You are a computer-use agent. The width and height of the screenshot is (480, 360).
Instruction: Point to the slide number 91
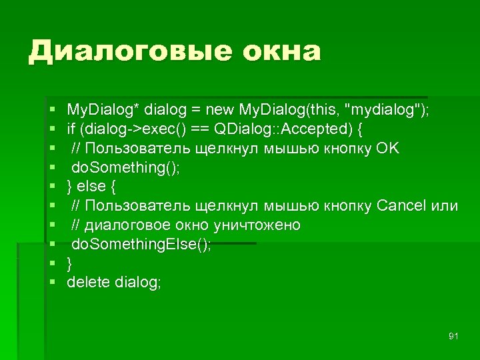click(x=453, y=335)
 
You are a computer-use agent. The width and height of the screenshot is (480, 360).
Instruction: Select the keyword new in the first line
click(x=218, y=109)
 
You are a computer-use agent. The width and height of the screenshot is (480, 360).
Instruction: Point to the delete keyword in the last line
click(x=88, y=283)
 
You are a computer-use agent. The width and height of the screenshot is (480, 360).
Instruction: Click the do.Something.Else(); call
click(x=141, y=244)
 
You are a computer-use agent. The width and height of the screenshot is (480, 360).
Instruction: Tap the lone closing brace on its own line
click(x=70, y=263)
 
